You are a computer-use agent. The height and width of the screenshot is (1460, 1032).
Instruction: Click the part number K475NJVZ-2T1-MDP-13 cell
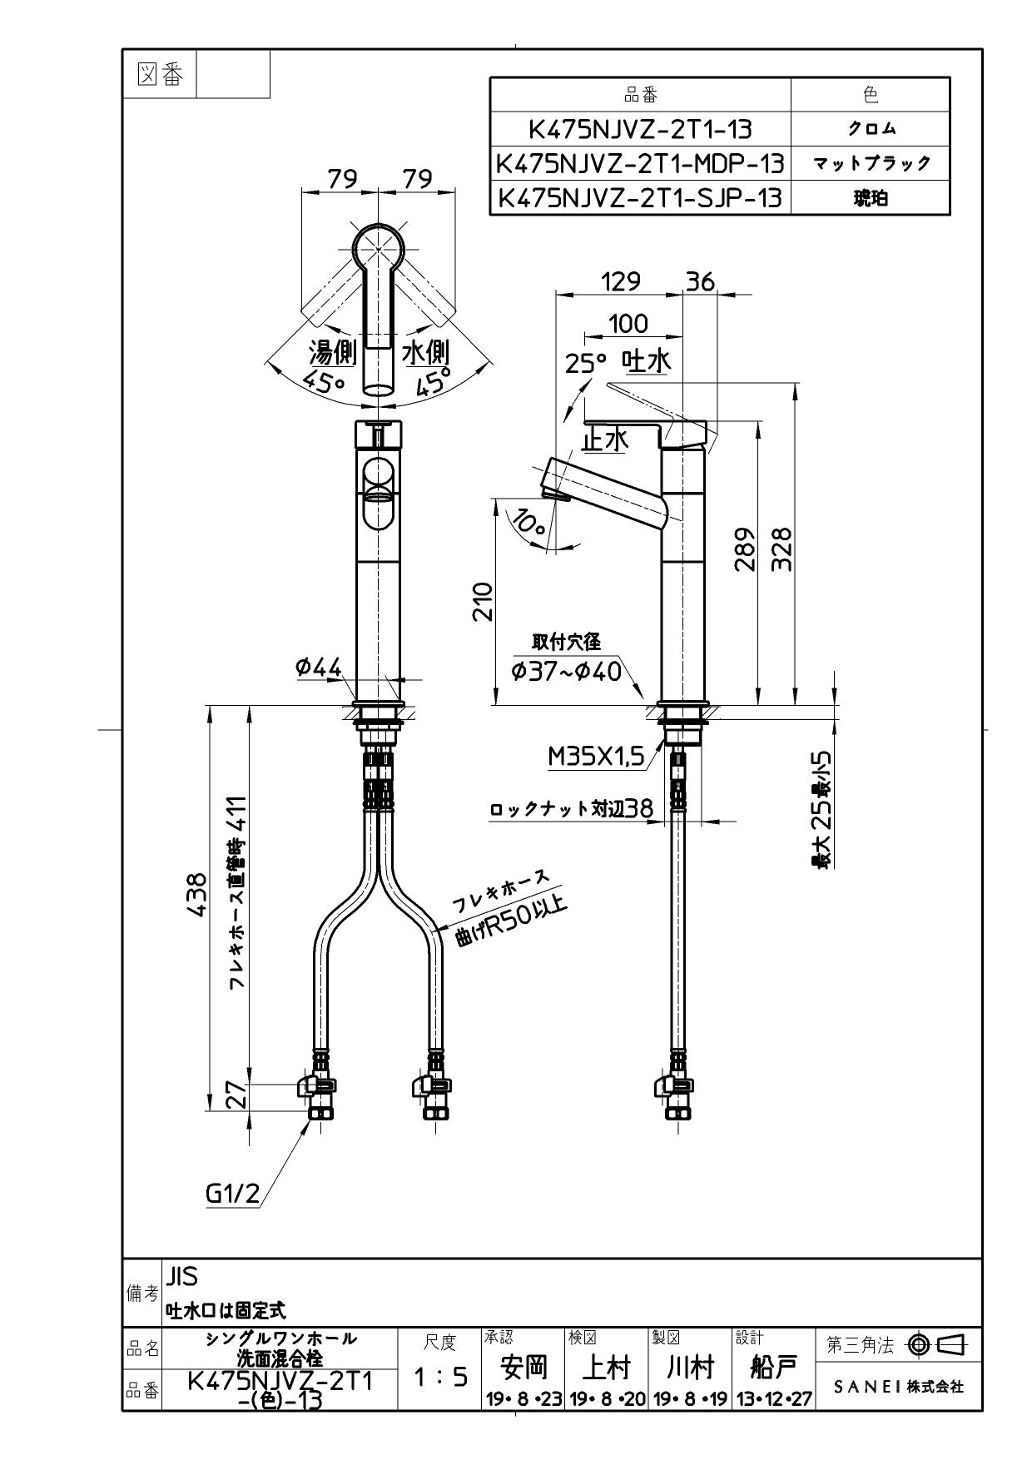639,164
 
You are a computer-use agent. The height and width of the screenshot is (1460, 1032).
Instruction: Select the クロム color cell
871,129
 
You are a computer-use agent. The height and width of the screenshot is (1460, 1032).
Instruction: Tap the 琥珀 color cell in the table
871,198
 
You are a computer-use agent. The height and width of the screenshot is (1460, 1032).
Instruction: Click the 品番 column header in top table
639,95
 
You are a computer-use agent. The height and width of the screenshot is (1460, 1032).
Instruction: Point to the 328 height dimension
782,549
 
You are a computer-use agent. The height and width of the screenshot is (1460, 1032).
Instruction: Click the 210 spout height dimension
483,601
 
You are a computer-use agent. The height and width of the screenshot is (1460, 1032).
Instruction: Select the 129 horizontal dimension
620,281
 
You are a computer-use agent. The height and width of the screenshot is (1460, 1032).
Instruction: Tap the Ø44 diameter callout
319,667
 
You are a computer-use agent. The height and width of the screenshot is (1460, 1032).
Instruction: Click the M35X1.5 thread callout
597,756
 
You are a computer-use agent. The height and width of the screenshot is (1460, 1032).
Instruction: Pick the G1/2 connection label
232,1194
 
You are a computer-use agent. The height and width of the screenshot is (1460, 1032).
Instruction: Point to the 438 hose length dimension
196,896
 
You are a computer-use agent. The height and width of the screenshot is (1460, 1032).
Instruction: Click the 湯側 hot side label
333,353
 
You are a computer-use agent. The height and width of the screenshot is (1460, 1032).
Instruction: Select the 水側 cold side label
426,353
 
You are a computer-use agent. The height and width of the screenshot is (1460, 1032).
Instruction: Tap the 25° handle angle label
586,364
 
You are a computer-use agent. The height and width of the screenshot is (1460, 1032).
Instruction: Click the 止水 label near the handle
605,439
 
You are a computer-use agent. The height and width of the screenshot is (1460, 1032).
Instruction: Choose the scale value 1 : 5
439,1377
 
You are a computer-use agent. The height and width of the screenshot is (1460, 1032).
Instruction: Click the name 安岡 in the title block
523,1367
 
